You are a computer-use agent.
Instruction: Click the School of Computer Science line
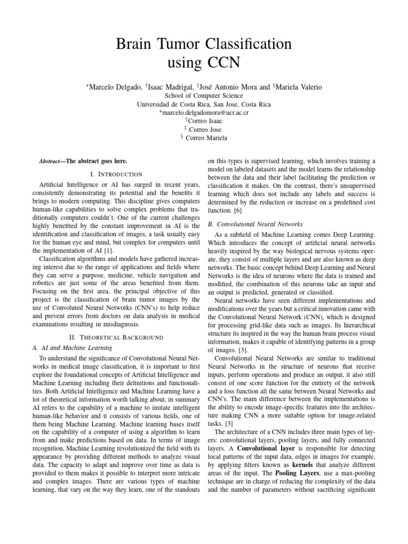[203, 96]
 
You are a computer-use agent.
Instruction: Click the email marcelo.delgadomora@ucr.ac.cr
[205, 113]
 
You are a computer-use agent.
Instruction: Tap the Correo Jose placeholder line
[205, 130]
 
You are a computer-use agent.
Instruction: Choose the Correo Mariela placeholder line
[205, 138]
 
